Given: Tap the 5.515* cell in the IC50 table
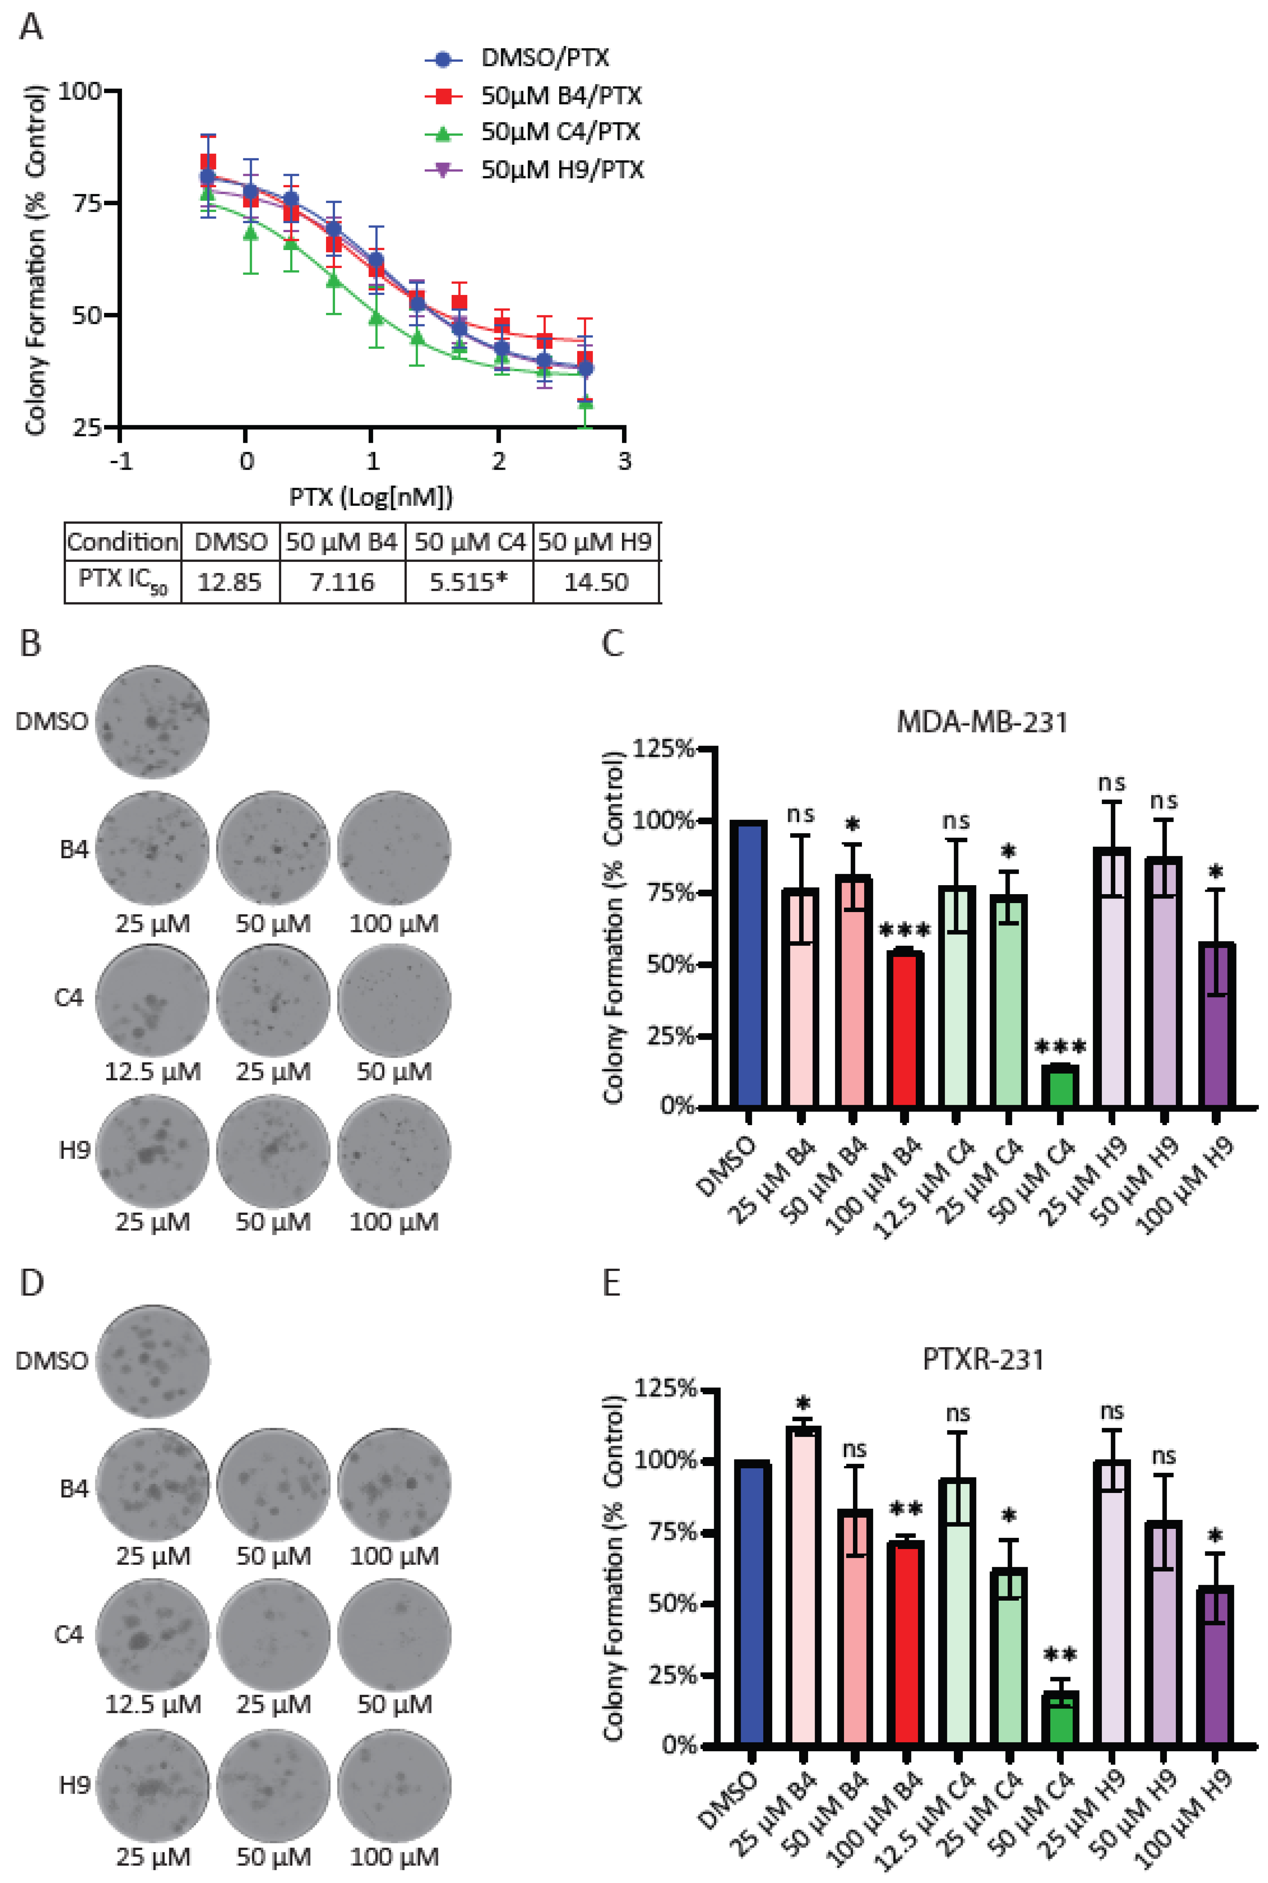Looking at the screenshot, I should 468,582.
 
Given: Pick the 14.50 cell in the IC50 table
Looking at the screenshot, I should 596,582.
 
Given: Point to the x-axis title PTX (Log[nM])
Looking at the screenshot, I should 371,497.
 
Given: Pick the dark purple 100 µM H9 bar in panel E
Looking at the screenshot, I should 1215,1664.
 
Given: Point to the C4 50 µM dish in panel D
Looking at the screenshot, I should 394,1635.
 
